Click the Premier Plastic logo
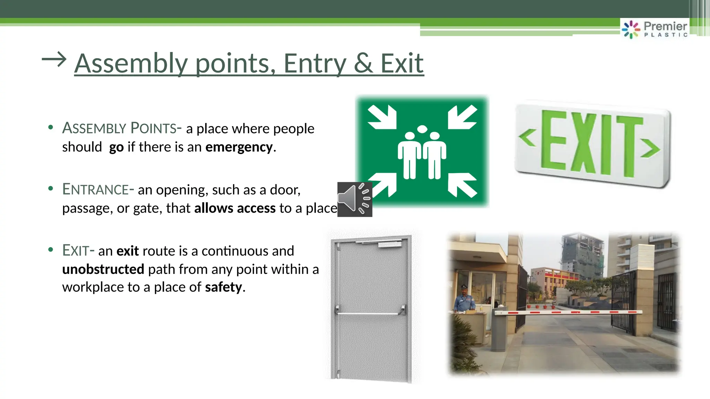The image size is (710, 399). coord(655,29)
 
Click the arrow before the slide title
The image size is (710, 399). coord(54,60)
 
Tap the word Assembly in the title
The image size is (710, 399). coord(131,64)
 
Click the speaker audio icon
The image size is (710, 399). coord(354,199)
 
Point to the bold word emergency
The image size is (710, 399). coord(239,147)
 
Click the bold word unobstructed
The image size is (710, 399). coord(103,269)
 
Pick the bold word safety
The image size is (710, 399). coord(223,287)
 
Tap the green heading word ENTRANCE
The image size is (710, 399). coord(96,189)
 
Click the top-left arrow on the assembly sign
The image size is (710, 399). coord(382,117)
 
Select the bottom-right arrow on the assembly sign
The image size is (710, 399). coord(462,185)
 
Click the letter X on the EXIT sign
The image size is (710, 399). coord(585,143)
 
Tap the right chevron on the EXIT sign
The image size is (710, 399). coord(650,148)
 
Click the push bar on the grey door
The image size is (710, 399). coord(370,313)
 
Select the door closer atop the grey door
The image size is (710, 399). coord(389,245)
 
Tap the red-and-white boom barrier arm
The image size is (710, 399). coord(569,312)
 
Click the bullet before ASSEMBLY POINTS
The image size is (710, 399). coord(51,127)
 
